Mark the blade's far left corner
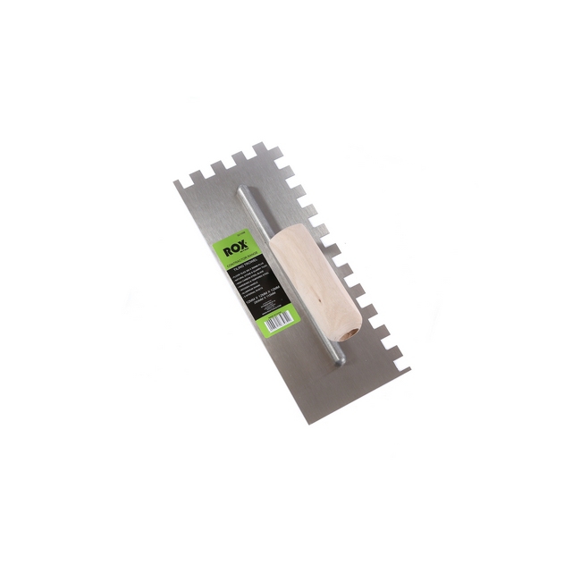(x=175, y=184)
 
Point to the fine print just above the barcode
(x=270, y=307)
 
